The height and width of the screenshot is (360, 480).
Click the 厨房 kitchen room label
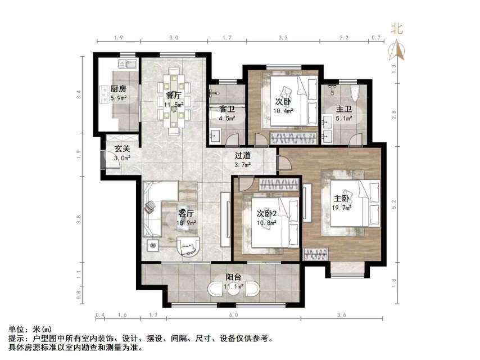(x=118, y=89)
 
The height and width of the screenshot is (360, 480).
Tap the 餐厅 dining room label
(x=173, y=94)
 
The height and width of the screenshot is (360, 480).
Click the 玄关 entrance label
(x=123, y=149)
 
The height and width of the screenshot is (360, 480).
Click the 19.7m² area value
(x=343, y=208)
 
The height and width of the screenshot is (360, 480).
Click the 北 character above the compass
(x=397, y=29)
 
